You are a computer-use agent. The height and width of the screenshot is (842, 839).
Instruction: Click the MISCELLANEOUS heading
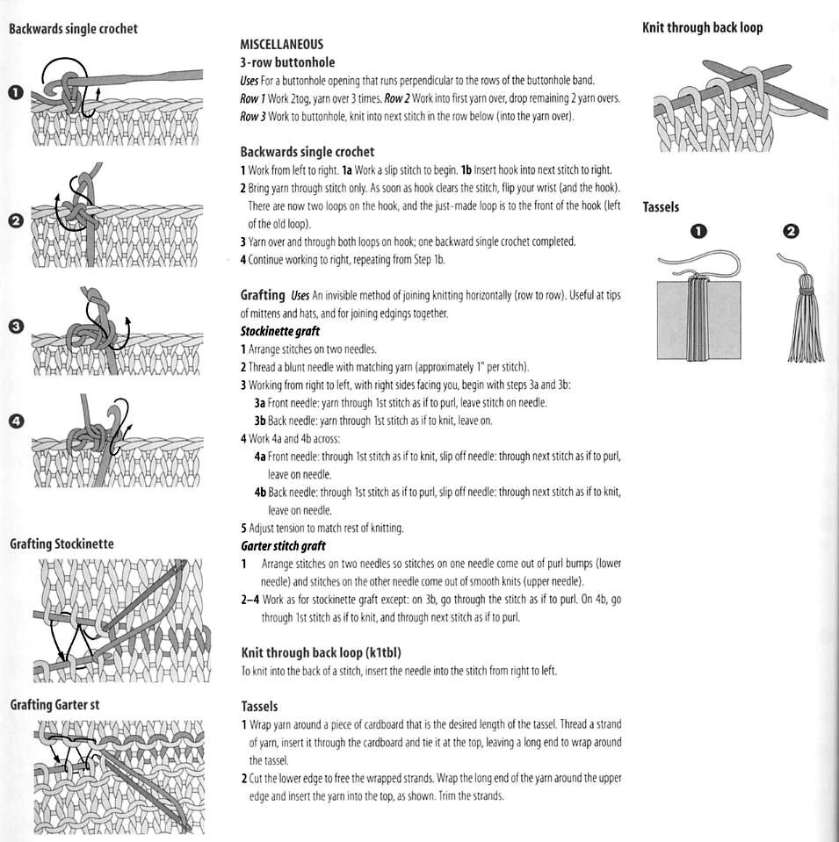[281, 44]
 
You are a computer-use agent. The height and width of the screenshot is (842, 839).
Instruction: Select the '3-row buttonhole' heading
[287, 62]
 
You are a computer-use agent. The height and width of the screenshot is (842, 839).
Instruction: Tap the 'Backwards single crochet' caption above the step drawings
[73, 29]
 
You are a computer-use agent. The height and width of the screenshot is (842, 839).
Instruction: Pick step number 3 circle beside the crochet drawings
[15, 327]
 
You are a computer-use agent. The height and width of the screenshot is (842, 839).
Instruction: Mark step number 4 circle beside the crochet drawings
[15, 421]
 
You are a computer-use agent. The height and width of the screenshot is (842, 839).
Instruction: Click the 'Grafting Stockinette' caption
[61, 543]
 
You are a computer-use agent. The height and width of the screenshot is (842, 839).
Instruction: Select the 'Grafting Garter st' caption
[54, 704]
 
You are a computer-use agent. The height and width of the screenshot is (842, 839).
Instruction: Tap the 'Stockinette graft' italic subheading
[279, 331]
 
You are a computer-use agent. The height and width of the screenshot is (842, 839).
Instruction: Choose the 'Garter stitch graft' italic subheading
[283, 546]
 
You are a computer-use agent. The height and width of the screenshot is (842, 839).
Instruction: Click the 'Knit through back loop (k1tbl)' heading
[321, 652]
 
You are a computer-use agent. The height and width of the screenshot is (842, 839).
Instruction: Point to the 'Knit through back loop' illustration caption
[702, 28]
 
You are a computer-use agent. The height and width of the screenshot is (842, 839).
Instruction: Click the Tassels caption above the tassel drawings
[661, 207]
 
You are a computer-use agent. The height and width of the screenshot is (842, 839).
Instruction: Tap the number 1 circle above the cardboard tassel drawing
[698, 232]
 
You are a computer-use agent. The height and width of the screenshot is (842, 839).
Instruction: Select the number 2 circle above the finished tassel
[791, 232]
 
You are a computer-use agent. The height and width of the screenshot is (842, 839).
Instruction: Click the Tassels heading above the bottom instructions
[259, 706]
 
